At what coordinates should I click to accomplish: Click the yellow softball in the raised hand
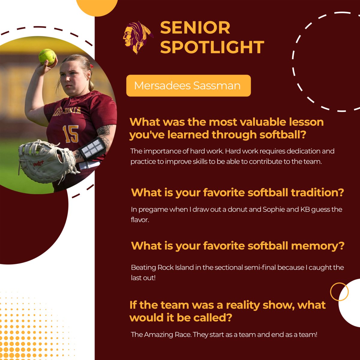coord(47,56)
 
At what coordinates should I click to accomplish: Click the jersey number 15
coord(71,134)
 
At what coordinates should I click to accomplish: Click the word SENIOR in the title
coord(195,28)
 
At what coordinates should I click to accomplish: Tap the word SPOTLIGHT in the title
coord(212,47)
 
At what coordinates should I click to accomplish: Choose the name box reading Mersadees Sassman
coord(188,85)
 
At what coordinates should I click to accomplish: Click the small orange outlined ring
coord(339,292)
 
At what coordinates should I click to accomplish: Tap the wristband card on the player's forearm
coord(92,148)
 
